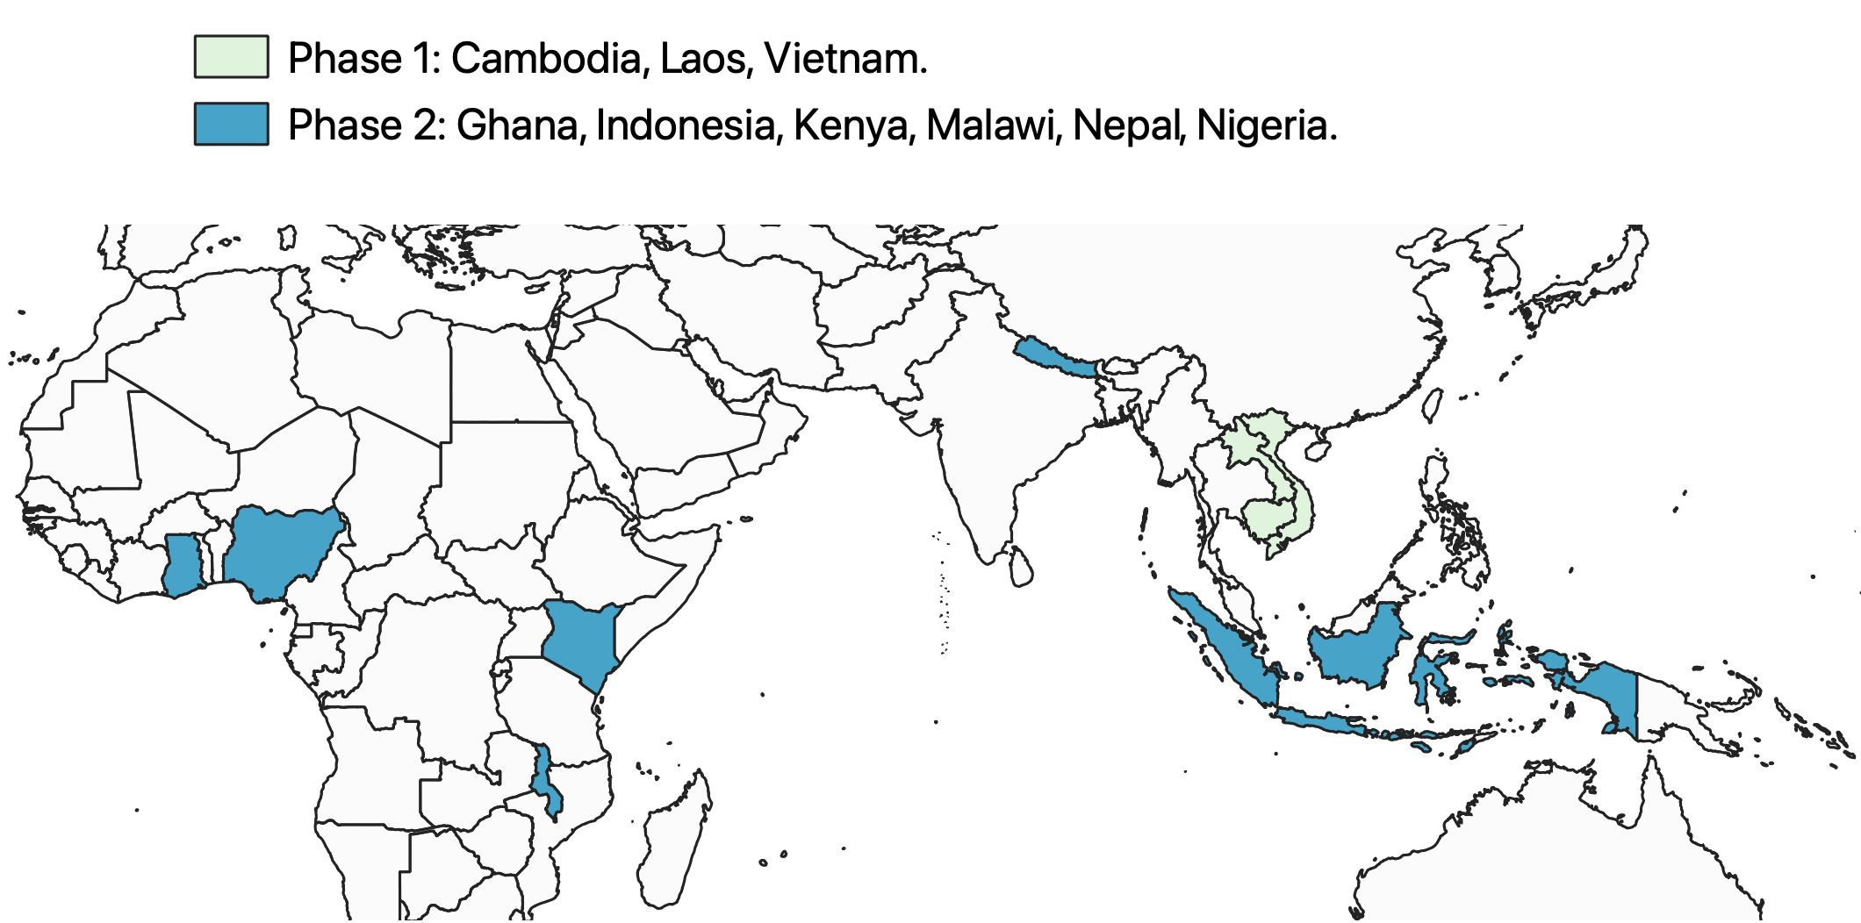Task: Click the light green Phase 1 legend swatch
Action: (x=231, y=57)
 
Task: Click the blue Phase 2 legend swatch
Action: (x=231, y=124)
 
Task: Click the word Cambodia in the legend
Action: (x=547, y=59)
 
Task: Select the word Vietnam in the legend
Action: (x=844, y=59)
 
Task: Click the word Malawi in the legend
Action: (x=990, y=125)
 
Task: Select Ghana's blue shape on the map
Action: (x=181, y=566)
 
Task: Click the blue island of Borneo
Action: (x=1356, y=649)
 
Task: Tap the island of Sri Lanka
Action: (x=1021, y=568)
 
